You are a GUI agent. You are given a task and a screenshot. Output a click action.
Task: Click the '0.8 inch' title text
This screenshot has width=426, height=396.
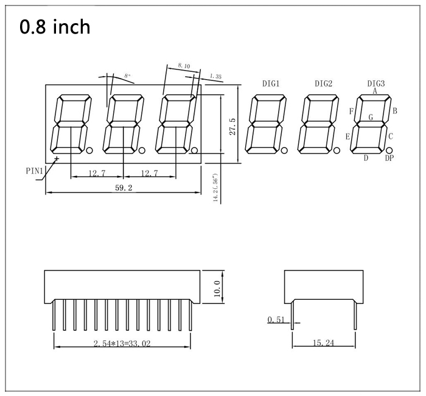pyautogui.click(x=55, y=27)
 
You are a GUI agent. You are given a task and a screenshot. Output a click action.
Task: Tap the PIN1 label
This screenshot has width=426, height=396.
pyautogui.click(x=35, y=171)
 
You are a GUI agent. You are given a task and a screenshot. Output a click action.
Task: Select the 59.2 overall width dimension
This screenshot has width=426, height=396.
pyautogui.click(x=124, y=188)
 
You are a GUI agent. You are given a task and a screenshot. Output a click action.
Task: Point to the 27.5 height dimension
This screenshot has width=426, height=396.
pyautogui.click(x=232, y=127)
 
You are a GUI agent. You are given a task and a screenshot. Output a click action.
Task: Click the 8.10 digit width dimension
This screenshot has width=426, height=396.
pyautogui.click(x=184, y=66)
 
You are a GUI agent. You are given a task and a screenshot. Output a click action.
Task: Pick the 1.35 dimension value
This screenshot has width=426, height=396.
pyautogui.click(x=215, y=76)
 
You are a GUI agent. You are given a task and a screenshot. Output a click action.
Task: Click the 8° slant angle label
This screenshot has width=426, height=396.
pyautogui.click(x=127, y=76)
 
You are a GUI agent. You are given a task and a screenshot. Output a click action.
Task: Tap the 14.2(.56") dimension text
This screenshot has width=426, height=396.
pyautogui.click(x=215, y=188)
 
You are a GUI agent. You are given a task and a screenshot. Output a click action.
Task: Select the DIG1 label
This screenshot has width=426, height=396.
pyautogui.click(x=271, y=83)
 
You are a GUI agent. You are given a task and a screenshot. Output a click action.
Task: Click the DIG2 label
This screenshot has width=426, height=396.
pyautogui.click(x=324, y=83)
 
